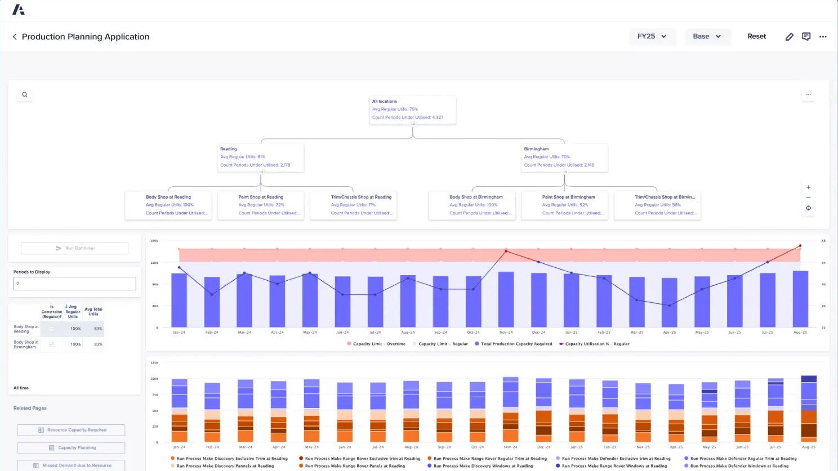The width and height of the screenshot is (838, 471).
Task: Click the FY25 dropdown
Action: click(x=652, y=37)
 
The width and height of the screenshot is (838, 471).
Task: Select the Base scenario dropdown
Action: click(x=707, y=37)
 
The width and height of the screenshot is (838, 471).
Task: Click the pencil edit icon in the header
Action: click(x=789, y=37)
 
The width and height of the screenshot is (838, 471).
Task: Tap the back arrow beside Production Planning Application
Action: click(x=15, y=37)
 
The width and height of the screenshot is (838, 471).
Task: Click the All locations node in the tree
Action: click(x=412, y=110)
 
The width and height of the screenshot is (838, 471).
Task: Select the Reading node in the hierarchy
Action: click(x=261, y=158)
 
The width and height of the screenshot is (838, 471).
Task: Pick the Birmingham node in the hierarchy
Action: click(x=564, y=158)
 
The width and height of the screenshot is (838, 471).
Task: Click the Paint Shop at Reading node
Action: click(x=261, y=205)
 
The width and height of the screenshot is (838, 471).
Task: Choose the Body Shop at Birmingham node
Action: click(x=472, y=205)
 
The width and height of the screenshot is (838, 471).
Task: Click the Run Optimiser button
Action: click(x=74, y=248)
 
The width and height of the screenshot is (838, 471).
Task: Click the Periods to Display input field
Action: click(x=74, y=284)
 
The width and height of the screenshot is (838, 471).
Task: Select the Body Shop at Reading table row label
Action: click(x=26, y=329)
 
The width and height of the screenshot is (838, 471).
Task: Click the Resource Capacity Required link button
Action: click(x=71, y=430)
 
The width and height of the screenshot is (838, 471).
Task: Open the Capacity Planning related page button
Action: click(x=71, y=448)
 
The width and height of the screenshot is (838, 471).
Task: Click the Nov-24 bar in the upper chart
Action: click(x=506, y=299)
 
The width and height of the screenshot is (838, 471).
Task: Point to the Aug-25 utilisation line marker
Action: click(x=800, y=246)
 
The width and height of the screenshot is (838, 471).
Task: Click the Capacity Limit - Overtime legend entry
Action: click(x=376, y=344)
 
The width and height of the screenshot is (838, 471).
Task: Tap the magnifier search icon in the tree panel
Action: click(x=25, y=95)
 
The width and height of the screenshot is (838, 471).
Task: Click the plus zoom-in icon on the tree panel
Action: click(x=808, y=187)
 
